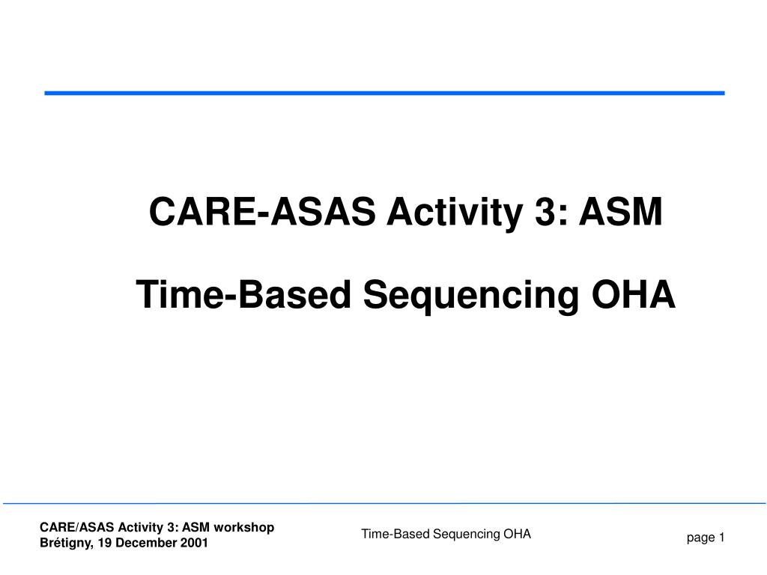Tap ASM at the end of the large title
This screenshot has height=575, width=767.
pyautogui.click(x=621, y=211)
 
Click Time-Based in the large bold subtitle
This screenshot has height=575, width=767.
pyautogui.click(x=243, y=294)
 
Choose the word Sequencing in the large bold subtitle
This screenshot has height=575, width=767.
pyautogui.click(x=471, y=296)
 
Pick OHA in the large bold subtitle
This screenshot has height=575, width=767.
pyautogui.click(x=634, y=294)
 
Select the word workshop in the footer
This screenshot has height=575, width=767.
pyautogui.click(x=244, y=528)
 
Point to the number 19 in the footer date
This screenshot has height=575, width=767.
pyautogui.click(x=104, y=543)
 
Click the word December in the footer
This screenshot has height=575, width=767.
pyautogui.click(x=146, y=543)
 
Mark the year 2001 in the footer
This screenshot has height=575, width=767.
pyautogui.click(x=194, y=543)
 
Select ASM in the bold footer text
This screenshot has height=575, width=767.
pyautogui.click(x=196, y=527)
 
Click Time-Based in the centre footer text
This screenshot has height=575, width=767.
pyautogui.click(x=395, y=534)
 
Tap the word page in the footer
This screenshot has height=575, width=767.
pyautogui.click(x=700, y=538)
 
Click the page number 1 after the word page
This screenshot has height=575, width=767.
pyautogui.click(x=721, y=538)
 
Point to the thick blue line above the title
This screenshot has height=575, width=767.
pyautogui.click(x=384, y=93)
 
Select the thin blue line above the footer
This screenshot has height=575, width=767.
pyautogui.click(x=384, y=503)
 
